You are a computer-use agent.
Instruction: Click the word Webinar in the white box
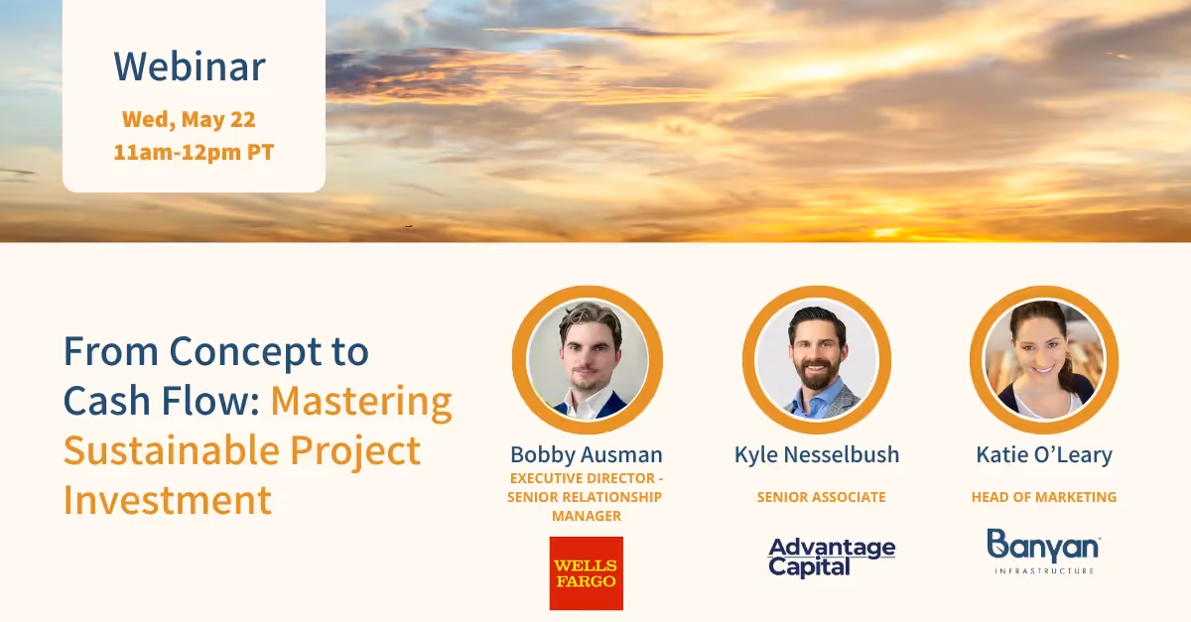(190, 66)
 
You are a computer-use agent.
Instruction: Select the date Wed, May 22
(189, 120)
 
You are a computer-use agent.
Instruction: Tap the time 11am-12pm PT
(194, 153)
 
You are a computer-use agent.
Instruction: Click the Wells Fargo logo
(586, 573)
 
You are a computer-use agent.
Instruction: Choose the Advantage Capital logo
(832, 557)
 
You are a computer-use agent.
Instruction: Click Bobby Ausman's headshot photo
(588, 359)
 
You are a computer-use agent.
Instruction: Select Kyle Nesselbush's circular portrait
(816, 359)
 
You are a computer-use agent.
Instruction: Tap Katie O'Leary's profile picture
(1043, 359)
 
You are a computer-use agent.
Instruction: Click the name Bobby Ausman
(586, 454)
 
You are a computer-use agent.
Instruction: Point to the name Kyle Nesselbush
(816, 454)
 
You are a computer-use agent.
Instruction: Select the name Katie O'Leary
(1043, 454)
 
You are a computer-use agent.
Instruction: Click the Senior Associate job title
(821, 497)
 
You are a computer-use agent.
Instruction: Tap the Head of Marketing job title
(1043, 497)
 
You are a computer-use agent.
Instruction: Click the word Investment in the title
(168, 499)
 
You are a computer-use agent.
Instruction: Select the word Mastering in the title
(361, 401)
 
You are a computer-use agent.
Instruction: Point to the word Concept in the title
(269, 351)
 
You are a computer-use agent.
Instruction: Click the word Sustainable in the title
(171, 450)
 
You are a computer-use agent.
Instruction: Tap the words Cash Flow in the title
(161, 401)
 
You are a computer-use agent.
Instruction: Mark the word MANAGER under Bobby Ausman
(586, 516)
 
